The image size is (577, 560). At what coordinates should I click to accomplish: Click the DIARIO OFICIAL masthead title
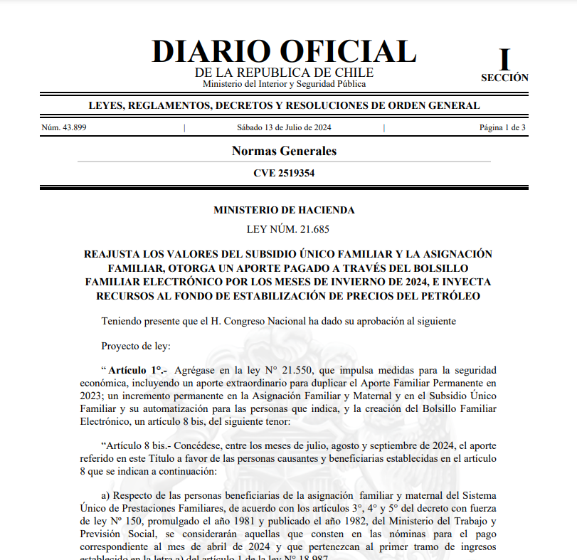pos(284,52)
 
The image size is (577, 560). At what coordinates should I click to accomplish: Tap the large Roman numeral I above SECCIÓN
pos(504,60)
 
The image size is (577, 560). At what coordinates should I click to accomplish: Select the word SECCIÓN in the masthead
pos(504,78)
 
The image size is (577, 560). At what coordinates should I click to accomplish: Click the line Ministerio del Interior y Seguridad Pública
pos(284,84)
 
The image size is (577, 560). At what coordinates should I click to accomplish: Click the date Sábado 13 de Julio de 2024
pos(284,128)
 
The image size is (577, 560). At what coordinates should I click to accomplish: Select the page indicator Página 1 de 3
pos(502,128)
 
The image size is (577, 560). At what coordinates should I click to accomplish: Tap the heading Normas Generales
pos(284,151)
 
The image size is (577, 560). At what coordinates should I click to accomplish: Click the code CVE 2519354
pos(284,173)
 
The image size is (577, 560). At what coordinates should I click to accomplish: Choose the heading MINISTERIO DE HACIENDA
pos(284,210)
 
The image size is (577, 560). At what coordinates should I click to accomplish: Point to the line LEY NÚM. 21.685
pos(284,229)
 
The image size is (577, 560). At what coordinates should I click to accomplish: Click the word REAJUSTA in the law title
pos(114,254)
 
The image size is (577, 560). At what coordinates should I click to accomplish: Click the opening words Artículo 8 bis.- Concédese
pos(160,446)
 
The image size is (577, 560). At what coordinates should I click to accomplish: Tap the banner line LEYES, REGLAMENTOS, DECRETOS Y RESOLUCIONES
pos(284,106)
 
